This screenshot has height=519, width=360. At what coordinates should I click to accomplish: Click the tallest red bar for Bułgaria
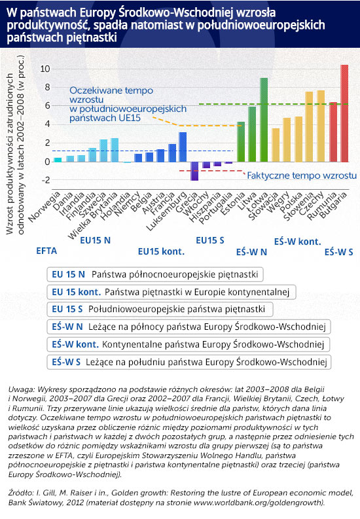click(x=344, y=113)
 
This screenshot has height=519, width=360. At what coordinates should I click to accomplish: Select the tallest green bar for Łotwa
click(x=264, y=120)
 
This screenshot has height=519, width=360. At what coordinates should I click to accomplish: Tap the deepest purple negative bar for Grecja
click(x=194, y=171)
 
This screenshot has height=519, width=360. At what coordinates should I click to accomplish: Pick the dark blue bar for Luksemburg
click(x=183, y=147)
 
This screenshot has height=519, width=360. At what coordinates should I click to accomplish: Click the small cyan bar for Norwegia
click(x=58, y=160)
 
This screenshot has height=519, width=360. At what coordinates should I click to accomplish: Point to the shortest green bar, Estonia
click(x=241, y=142)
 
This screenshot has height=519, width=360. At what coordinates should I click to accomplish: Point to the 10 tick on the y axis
click(x=45, y=69)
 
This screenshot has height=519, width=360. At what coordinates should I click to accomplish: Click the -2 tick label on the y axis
click(x=45, y=181)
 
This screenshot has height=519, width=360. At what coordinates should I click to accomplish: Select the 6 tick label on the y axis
click(x=47, y=105)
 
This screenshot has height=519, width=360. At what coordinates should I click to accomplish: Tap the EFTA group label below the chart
click(x=46, y=251)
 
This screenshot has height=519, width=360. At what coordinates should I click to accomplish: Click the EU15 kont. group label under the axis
click(x=161, y=251)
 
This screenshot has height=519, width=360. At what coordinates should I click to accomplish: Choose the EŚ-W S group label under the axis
click(x=339, y=252)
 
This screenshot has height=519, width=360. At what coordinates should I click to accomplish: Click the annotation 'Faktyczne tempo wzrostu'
click(x=302, y=175)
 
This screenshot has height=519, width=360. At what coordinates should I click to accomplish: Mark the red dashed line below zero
click(x=211, y=171)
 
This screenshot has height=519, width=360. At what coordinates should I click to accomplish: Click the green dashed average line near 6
click(x=274, y=104)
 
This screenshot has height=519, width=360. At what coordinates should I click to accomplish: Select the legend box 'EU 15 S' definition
click(x=160, y=309)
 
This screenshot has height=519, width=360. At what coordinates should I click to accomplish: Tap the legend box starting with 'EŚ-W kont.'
click(x=189, y=344)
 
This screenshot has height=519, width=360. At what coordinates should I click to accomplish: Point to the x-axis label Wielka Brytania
click(x=93, y=215)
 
